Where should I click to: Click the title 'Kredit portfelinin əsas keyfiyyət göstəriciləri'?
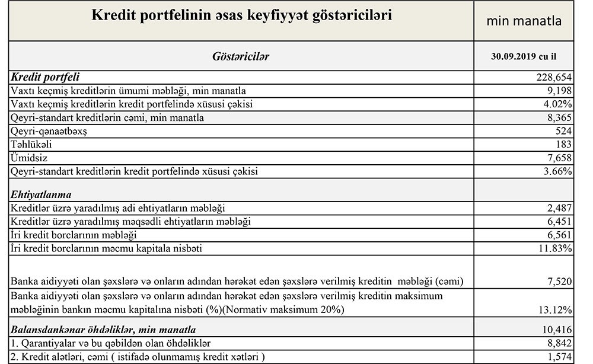(241, 16)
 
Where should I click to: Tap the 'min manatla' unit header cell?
(524, 21)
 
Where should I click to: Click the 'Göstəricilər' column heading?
(241, 56)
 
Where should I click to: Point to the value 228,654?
(554, 77)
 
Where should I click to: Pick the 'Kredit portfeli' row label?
(46, 77)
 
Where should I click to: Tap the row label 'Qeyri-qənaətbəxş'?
(49, 131)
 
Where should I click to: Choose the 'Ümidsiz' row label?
(28, 158)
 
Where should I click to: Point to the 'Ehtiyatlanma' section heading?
(41, 194)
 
